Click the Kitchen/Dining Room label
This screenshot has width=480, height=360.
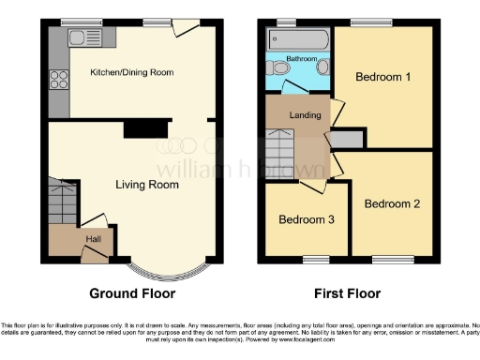pyautogui.click(x=131, y=72)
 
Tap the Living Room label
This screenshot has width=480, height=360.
pyautogui.click(x=147, y=185)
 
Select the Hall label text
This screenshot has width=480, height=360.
pyautogui.click(x=94, y=239)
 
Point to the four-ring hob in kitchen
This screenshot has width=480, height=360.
pyautogui.click(x=59, y=79)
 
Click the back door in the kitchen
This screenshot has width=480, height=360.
pyautogui.click(x=186, y=29)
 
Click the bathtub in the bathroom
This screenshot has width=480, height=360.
pyautogui.click(x=298, y=39)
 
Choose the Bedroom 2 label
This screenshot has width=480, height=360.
pyautogui.click(x=391, y=203)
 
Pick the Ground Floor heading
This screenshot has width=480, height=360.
pyautogui.click(x=131, y=293)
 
